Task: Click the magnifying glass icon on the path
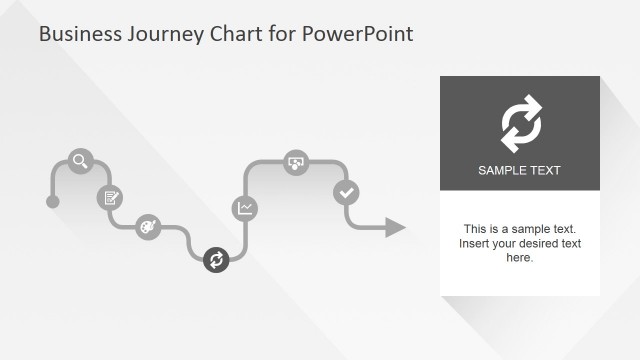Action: (x=80, y=160)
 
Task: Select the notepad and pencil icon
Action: (x=109, y=197)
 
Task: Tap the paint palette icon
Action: (x=147, y=226)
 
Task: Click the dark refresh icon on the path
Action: (x=216, y=260)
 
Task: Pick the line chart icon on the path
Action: (x=245, y=208)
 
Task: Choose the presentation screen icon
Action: (x=295, y=162)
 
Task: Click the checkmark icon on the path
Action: (x=346, y=192)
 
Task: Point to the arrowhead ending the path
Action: (x=396, y=227)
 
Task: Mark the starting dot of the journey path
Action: (x=53, y=202)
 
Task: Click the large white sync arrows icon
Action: (x=520, y=124)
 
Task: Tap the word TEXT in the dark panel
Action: (x=546, y=171)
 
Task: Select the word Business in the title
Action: (x=79, y=35)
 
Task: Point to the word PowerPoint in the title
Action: (x=358, y=35)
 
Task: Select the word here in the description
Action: (x=519, y=258)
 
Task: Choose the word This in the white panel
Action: (x=475, y=229)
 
